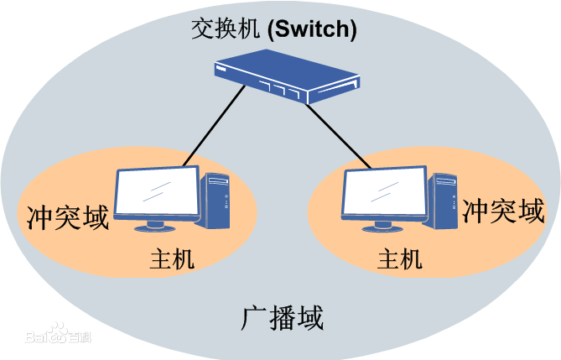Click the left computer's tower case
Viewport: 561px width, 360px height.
pyautogui.click(x=216, y=200)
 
